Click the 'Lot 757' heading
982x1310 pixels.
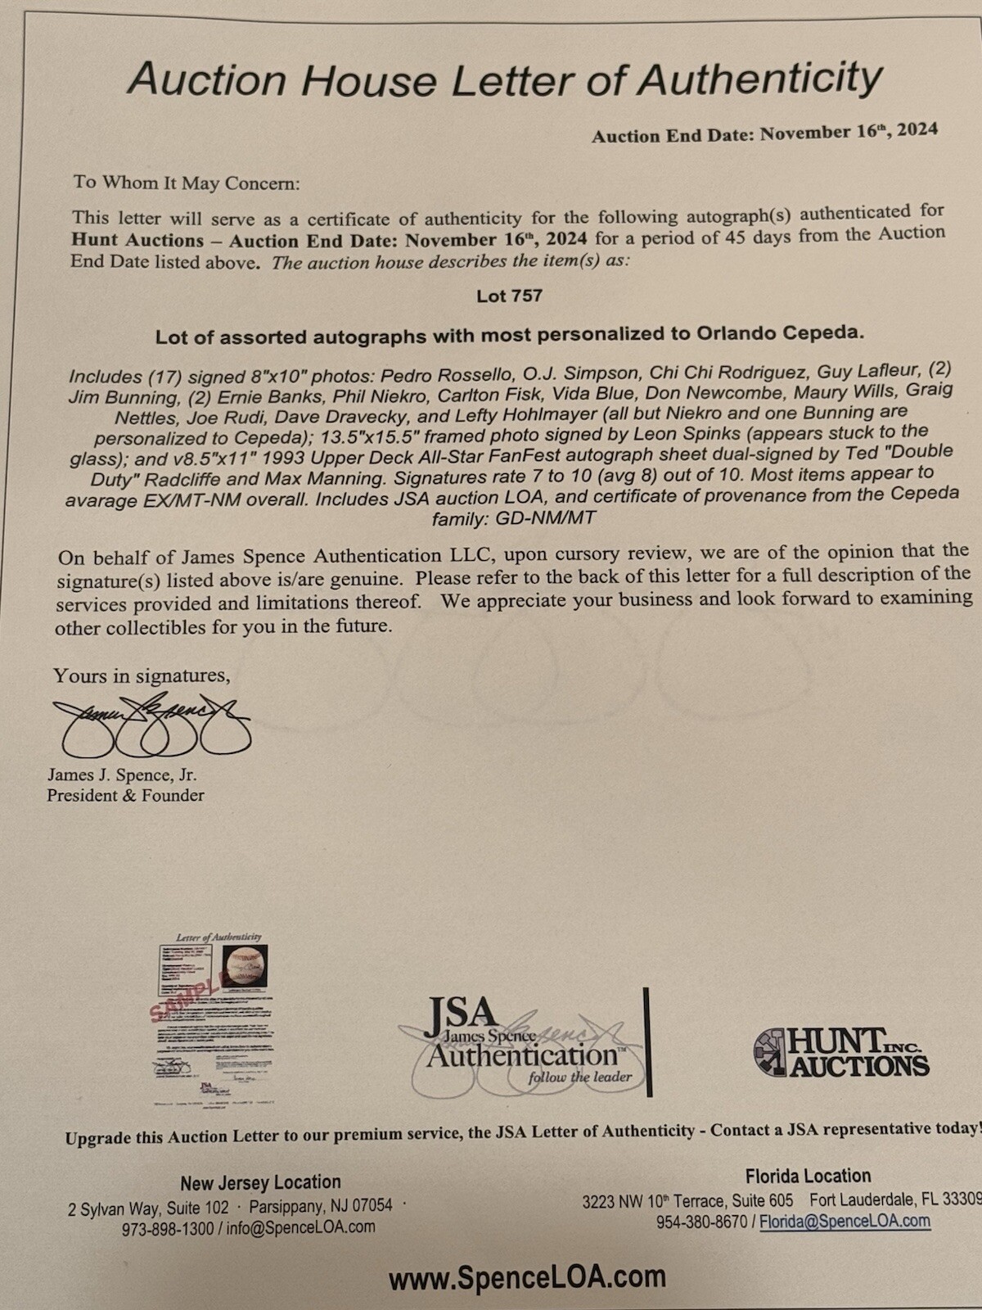point(509,296)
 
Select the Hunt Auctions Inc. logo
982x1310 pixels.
point(840,1052)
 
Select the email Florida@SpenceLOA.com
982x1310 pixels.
point(845,1222)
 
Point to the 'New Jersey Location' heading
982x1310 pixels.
point(260,1182)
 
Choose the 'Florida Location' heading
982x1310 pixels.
point(808,1176)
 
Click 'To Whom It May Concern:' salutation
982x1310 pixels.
point(187,183)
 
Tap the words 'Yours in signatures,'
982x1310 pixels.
point(142,675)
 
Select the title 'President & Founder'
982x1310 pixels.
point(125,795)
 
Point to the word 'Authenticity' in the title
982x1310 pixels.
point(760,79)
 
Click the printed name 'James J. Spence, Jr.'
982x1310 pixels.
point(122,775)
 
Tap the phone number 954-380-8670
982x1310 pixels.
point(701,1222)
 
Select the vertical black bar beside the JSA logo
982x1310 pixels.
point(647,1041)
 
